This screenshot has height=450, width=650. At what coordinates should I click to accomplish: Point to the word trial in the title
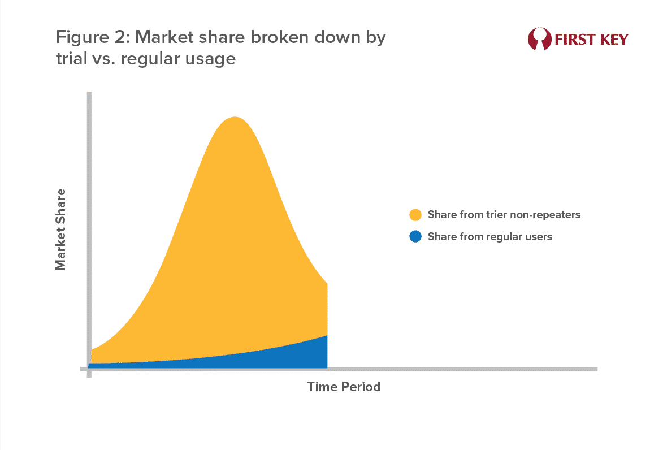71,58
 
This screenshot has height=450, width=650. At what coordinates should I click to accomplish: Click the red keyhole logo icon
539,39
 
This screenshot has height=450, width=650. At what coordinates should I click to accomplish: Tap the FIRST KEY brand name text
592,40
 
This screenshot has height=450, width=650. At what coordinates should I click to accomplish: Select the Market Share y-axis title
60,230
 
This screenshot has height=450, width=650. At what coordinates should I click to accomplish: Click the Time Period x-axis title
344,387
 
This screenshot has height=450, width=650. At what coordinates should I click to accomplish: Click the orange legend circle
415,215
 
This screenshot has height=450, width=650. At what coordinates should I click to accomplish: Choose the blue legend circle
415,236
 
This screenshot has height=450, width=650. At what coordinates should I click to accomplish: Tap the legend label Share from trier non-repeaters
504,215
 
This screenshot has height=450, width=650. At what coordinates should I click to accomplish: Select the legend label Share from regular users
490,237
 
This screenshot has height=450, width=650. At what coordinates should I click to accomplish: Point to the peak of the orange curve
235,117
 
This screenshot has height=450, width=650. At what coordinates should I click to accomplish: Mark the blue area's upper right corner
327,336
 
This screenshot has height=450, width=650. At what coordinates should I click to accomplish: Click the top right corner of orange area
327,284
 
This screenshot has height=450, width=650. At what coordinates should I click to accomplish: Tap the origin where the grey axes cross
89,369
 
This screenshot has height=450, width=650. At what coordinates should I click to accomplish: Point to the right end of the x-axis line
597,369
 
